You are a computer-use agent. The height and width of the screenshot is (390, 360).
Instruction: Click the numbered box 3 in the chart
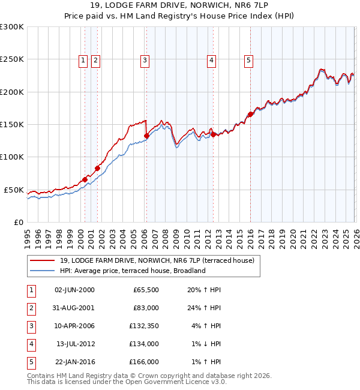click(145, 59)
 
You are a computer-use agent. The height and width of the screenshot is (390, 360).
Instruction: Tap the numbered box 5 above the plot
click(248, 59)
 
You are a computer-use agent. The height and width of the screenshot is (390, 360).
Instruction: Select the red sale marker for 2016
click(250, 114)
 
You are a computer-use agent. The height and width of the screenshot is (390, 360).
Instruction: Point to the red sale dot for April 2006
click(146, 136)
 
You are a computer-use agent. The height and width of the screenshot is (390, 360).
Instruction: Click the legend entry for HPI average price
click(133, 271)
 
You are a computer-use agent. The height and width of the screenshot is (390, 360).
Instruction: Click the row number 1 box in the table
click(31, 290)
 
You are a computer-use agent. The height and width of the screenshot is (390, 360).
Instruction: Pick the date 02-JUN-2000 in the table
click(75, 290)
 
